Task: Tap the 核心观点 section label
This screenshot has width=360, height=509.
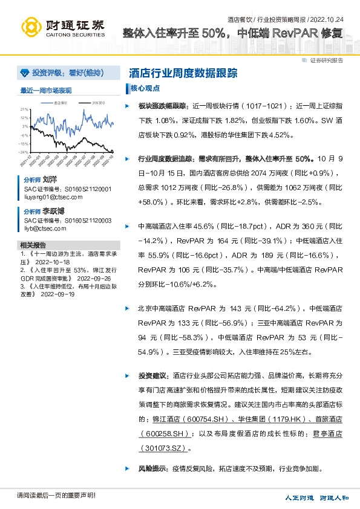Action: point(147,88)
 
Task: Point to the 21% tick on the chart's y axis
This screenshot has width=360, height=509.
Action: point(25,109)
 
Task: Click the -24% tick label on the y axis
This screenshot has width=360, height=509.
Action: point(24,152)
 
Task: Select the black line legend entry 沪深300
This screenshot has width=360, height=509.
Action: point(97,103)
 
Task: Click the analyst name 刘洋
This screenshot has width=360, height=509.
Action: point(50,180)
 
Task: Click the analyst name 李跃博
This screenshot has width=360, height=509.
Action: point(53,212)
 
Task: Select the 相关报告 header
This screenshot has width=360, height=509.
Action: point(33,245)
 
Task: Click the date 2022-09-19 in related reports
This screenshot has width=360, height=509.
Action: point(57,294)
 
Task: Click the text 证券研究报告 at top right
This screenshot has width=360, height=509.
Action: point(326,60)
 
